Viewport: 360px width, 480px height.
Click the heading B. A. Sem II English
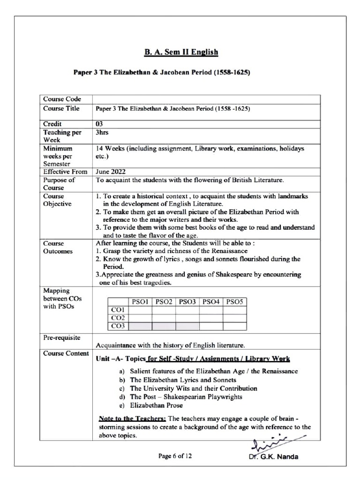[180, 52]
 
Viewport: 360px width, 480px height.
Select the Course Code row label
[62, 99]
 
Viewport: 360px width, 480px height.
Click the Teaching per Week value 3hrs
[102, 133]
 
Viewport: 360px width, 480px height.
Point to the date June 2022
[111, 172]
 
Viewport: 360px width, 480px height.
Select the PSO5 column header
[234, 302]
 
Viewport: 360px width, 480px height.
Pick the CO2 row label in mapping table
[118, 318]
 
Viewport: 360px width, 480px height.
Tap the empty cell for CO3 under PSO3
[187, 326]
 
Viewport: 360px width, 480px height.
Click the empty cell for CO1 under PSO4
[211, 310]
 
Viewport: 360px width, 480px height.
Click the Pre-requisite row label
[61, 337]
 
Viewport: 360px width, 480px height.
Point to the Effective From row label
[65, 172]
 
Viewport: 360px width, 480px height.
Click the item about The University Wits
[193, 389]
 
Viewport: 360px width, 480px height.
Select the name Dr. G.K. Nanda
[274, 457]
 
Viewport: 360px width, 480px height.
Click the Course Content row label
[66, 353]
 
